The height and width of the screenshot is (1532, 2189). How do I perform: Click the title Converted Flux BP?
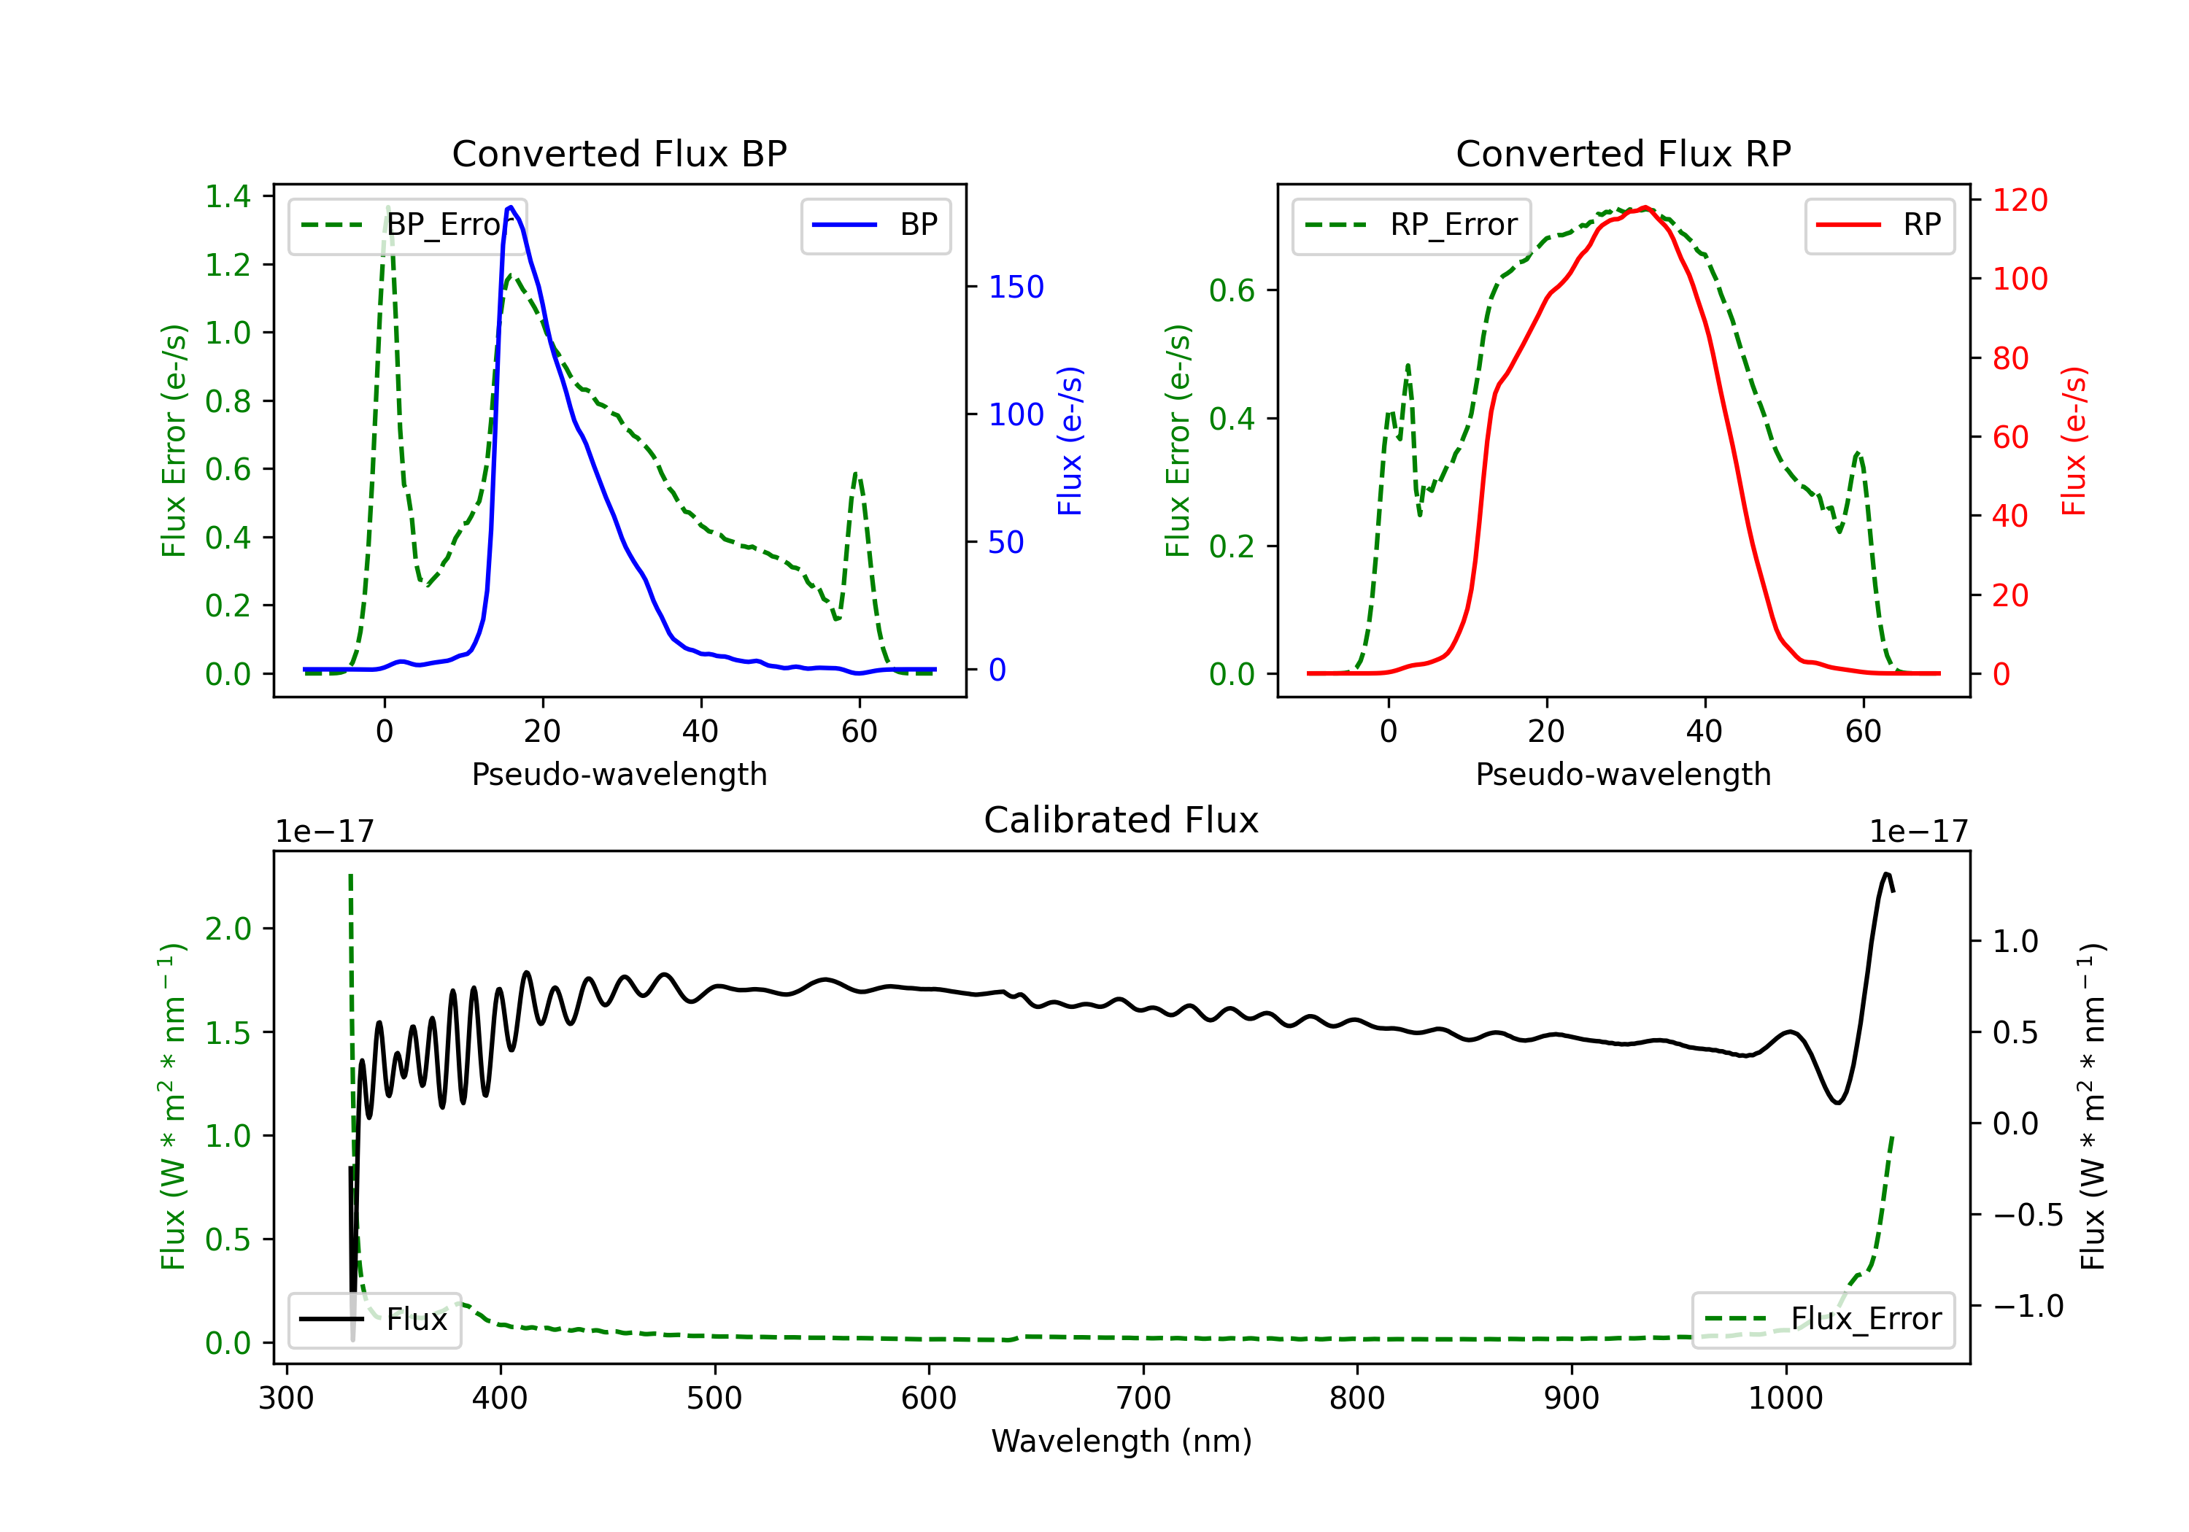[x=619, y=153]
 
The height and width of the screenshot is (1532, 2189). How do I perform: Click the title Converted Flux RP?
[x=1623, y=153]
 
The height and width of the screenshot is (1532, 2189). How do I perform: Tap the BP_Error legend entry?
[x=407, y=225]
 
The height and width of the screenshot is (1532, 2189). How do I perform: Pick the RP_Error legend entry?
[x=1411, y=225]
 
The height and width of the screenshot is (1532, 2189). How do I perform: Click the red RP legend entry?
[x=1879, y=225]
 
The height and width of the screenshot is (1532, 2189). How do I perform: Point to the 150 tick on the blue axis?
[x=1016, y=287]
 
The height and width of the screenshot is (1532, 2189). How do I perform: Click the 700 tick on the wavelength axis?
[x=1143, y=1398]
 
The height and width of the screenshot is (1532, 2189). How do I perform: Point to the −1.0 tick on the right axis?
[x=2027, y=1306]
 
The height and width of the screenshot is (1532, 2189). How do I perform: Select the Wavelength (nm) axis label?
[x=1121, y=1441]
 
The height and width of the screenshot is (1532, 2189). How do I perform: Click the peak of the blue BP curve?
[x=511, y=207]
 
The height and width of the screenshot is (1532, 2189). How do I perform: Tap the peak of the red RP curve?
[x=1645, y=208]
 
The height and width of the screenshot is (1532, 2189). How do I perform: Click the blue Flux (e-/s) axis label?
[x=1070, y=441]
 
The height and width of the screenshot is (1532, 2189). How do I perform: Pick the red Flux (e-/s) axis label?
[x=2074, y=441]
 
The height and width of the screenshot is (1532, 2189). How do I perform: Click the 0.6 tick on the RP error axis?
[x=1232, y=291]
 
